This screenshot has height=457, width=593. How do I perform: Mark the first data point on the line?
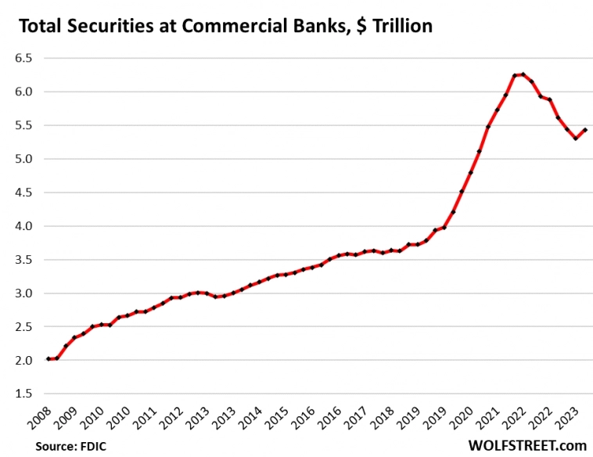tap(49, 359)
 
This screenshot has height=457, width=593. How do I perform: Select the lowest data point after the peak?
tap(576, 139)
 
